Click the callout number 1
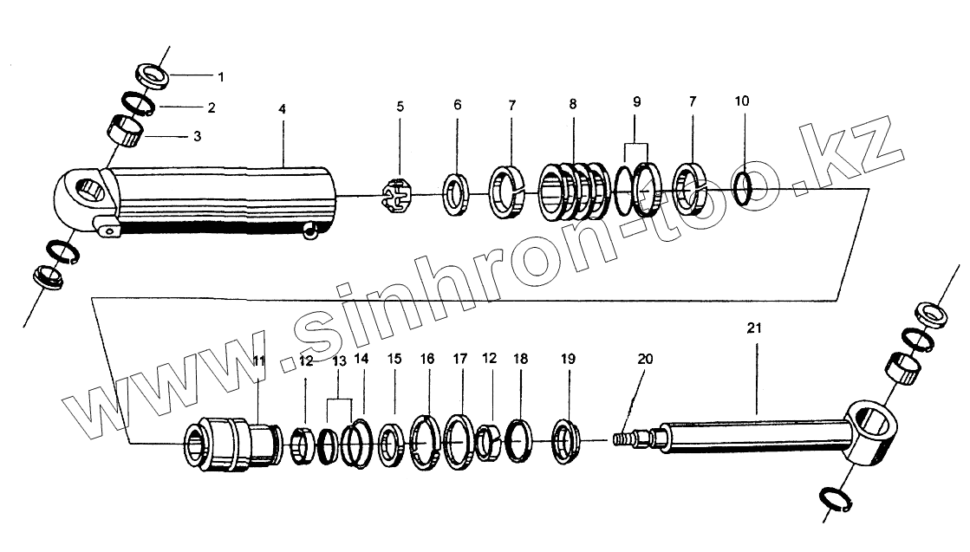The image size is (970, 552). tap(220, 77)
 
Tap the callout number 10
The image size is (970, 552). tap(741, 101)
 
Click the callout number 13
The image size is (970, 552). tap(337, 360)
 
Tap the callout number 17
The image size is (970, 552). tap(459, 358)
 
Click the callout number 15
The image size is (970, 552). tap(394, 359)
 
